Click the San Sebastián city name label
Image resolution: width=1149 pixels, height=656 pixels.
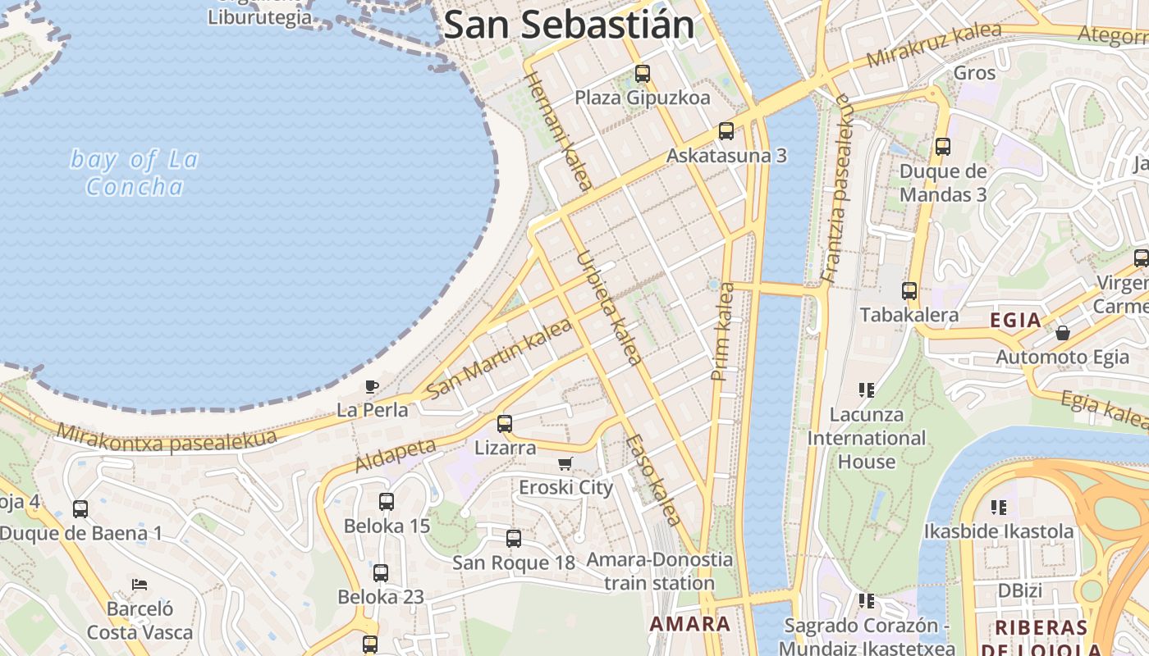coord(569,25)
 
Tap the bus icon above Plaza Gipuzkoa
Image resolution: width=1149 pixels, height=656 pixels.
coord(643,74)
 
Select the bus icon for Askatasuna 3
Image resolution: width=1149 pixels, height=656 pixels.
coord(726,131)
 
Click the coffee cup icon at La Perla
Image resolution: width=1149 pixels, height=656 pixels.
coord(372,386)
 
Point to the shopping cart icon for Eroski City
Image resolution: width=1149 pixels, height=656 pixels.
coord(565,464)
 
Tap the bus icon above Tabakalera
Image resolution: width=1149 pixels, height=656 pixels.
coord(909,291)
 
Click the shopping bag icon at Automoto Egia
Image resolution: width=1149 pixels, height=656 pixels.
coord(1063,333)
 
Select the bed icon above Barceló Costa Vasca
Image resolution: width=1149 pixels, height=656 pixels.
coord(140,585)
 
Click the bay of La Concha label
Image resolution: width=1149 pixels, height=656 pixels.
coord(135,173)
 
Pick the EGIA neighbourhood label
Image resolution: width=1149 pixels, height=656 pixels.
coord(1015,321)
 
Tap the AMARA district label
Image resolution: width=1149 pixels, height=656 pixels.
coord(690,624)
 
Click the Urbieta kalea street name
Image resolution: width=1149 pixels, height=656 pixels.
coord(608,307)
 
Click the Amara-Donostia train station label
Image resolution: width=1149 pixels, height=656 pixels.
coord(660,572)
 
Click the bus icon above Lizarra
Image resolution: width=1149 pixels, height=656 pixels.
coord(505,424)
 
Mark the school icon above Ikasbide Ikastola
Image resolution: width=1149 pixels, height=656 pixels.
coord(998,508)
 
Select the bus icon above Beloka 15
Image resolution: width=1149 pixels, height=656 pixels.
coord(387,502)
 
